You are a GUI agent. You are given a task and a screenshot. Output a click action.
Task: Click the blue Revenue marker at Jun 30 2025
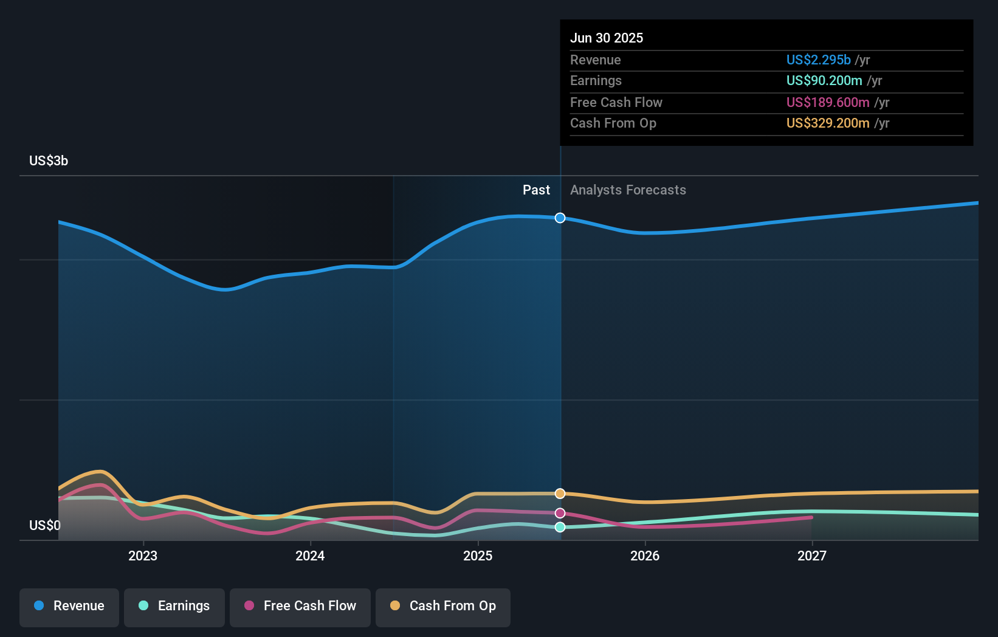pyautogui.click(x=560, y=218)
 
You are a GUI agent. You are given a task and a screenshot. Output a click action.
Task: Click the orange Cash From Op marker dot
pyautogui.click(x=560, y=494)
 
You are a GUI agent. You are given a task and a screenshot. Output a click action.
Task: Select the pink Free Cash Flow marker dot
pyautogui.click(x=560, y=513)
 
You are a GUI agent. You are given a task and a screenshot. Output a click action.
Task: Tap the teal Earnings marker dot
pyautogui.click(x=560, y=527)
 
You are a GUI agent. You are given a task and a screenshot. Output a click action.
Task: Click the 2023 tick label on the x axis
pyautogui.click(x=143, y=556)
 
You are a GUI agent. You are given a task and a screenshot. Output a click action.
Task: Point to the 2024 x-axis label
pyautogui.click(x=310, y=556)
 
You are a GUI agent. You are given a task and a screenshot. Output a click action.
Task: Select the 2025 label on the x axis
pyautogui.click(x=478, y=556)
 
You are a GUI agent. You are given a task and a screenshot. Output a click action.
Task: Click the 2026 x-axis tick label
pyautogui.click(x=645, y=556)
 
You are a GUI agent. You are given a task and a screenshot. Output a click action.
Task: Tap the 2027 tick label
pyautogui.click(x=812, y=556)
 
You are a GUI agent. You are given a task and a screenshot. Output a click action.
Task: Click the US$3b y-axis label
pyautogui.click(x=49, y=160)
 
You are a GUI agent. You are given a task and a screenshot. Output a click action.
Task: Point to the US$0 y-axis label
pyautogui.click(x=45, y=525)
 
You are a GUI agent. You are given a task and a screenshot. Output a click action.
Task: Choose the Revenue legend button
pyautogui.click(x=69, y=606)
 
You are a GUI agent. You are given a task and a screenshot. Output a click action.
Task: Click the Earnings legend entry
pyautogui.click(x=174, y=606)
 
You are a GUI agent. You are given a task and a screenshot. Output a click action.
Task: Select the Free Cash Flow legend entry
pyautogui.click(x=300, y=606)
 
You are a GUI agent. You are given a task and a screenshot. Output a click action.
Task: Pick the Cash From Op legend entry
pyautogui.click(x=443, y=606)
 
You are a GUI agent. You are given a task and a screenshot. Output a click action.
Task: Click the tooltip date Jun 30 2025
pyautogui.click(x=606, y=38)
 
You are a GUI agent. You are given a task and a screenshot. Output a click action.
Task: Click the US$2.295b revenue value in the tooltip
pyautogui.click(x=818, y=60)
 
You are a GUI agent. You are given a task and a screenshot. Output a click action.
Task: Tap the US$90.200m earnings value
pyautogui.click(x=824, y=80)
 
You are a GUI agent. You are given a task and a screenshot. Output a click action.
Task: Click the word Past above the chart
pyautogui.click(x=536, y=190)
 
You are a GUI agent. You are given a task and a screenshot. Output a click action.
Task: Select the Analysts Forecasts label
pyautogui.click(x=628, y=190)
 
